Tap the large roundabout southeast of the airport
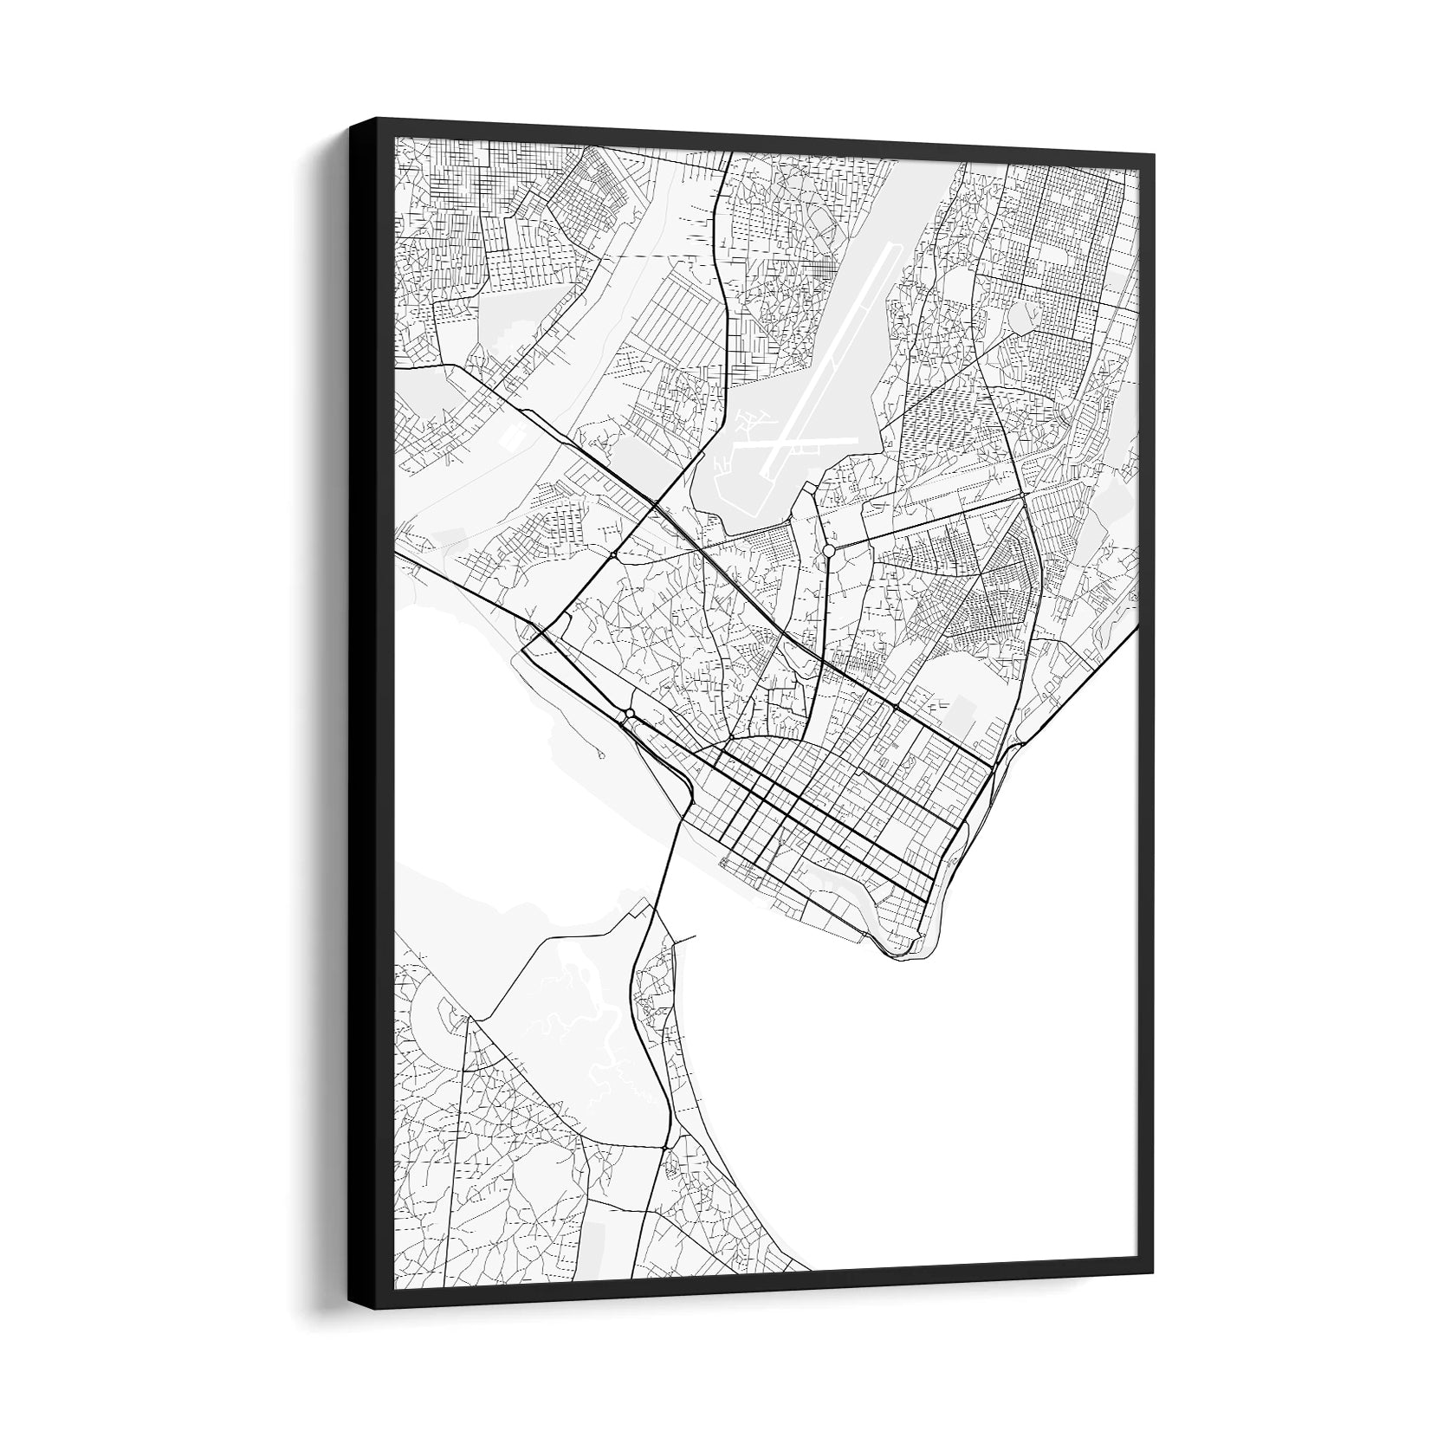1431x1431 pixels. pos(829,551)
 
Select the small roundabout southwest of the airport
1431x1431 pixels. pos(613,554)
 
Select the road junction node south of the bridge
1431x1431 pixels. pos(664,1148)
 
